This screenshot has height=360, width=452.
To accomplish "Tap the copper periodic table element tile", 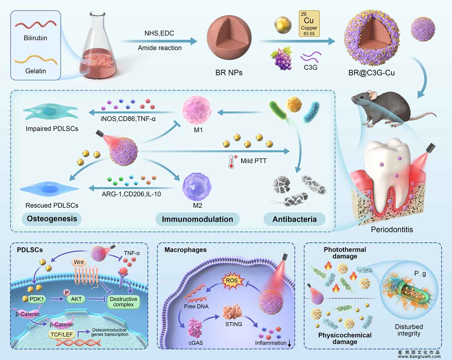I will point(309,23).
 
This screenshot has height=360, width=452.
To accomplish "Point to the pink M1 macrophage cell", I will point(197,111).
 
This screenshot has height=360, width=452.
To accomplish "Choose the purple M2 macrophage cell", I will point(197,187).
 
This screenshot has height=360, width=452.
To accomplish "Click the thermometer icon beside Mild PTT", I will point(232,162).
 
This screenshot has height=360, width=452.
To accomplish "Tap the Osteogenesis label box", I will point(52,219).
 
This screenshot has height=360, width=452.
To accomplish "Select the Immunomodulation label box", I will point(197,219).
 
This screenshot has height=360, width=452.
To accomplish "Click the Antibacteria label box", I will point(294,219).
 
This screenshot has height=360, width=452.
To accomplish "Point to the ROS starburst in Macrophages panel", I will point(232,281).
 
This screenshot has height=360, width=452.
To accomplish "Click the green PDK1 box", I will point(37,299).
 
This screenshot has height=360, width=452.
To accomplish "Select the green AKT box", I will point(76,299).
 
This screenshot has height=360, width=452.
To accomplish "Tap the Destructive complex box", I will point(123,302).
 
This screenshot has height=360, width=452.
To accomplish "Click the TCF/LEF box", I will point(62,334).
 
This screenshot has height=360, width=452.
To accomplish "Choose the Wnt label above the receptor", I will point(79,262).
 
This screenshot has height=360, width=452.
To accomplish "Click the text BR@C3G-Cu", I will point(371,73).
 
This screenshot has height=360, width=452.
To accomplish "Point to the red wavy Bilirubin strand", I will point(36,25).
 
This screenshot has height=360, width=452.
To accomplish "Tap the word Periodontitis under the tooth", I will point(391,230).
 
